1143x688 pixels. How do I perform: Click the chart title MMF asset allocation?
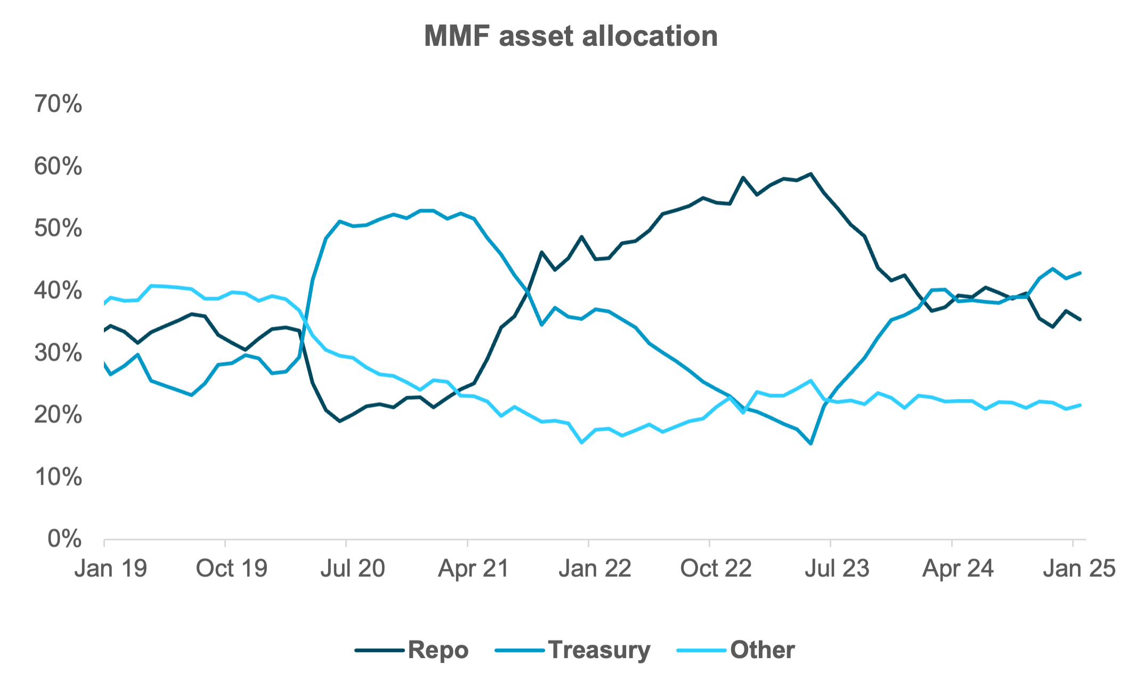point(571,36)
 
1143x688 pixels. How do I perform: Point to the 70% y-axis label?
point(58,104)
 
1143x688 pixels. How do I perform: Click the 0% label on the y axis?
point(64,539)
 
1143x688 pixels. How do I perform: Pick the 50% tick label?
point(58,228)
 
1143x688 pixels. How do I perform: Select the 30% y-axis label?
point(58,353)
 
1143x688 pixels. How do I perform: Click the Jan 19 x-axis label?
point(111,568)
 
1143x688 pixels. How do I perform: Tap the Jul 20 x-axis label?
point(352,568)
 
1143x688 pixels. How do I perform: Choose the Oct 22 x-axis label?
point(716,568)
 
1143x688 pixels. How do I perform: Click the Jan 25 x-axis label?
point(1079,568)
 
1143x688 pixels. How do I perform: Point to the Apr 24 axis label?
point(958,568)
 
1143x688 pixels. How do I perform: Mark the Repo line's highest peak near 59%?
point(810,174)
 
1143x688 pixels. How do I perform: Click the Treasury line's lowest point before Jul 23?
point(810,443)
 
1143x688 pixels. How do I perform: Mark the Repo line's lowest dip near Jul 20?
point(339,421)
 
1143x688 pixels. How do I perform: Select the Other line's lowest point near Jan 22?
point(581,442)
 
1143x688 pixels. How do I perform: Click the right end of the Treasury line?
point(1080,273)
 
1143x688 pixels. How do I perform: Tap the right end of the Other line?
point(1080,405)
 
